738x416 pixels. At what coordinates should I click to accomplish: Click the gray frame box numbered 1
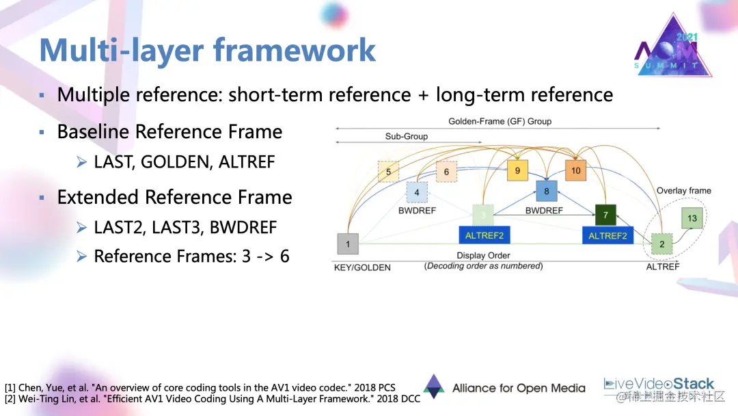point(348,244)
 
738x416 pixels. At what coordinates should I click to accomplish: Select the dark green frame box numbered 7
point(605,215)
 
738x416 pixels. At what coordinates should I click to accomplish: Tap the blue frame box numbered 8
point(547,192)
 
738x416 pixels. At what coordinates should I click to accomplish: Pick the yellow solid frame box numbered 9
point(517,170)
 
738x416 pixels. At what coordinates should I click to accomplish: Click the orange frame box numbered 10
point(576,170)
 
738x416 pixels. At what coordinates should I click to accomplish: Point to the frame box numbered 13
point(692,218)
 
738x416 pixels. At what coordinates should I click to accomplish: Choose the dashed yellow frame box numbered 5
point(388,172)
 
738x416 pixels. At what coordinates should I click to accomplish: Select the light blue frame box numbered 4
point(417,192)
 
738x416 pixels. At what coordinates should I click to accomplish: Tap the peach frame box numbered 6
point(446,172)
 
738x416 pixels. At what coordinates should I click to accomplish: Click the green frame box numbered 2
point(661,244)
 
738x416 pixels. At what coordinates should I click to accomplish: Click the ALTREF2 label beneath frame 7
point(607,235)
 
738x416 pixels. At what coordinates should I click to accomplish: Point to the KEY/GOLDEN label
point(362,267)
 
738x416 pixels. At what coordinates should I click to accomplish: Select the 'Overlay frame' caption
point(683,190)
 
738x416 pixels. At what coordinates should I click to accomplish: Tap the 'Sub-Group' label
point(406,136)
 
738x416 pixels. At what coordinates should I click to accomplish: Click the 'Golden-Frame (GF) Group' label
point(500,121)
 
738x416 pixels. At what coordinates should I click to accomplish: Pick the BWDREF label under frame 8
point(544,211)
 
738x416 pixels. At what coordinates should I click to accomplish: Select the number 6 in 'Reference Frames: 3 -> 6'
point(284,256)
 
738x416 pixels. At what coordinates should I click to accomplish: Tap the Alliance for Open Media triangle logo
point(433,387)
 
